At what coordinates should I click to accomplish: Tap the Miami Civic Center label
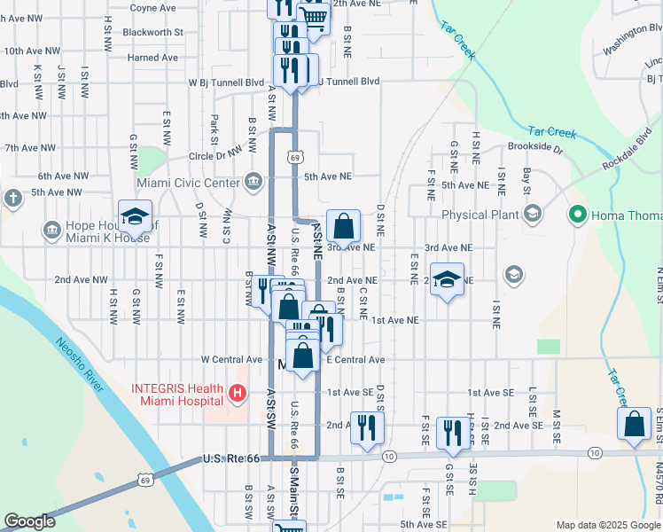188,184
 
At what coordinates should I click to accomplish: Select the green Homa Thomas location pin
578,214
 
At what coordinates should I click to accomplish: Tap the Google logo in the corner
29,521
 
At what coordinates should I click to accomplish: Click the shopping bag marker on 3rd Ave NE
343,226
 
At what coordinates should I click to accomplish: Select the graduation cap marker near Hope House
135,217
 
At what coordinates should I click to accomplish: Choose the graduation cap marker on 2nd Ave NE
448,279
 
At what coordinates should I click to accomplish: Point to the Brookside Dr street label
535,148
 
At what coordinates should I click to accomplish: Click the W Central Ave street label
232,360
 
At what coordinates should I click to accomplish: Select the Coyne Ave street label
152,8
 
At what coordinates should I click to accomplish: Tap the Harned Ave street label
152,58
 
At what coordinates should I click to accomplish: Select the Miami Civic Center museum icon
253,183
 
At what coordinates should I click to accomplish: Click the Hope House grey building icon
51,231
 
